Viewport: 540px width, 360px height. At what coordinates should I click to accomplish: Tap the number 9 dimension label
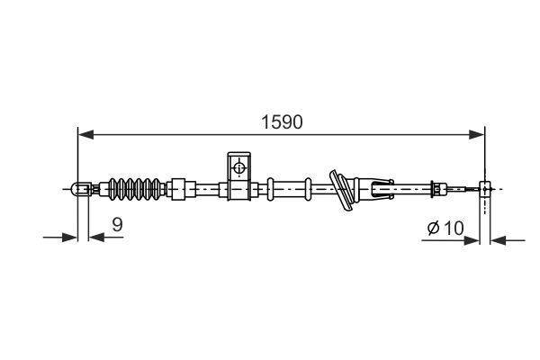tap(116, 226)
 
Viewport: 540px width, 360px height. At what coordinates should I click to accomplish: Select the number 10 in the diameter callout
tap(454, 228)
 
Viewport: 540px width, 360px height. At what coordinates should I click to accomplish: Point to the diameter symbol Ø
tap(433, 229)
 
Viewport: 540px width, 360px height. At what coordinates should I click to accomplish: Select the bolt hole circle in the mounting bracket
tap(238, 167)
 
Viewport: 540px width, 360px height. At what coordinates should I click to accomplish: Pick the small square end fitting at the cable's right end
tap(486, 189)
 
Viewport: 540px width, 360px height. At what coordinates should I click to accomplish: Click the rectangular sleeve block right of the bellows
tap(183, 189)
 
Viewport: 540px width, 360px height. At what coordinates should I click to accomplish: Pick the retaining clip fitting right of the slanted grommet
tap(377, 189)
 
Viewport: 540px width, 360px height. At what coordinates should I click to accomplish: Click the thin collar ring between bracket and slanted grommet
tap(309, 189)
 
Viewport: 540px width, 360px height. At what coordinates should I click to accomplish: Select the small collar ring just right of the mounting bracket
tap(269, 189)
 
